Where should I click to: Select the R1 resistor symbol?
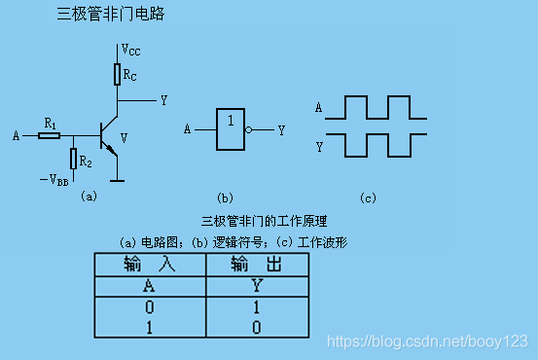click(x=50, y=134)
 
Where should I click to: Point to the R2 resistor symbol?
click(x=73, y=158)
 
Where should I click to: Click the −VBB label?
click(x=54, y=180)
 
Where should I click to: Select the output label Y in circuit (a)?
click(x=163, y=100)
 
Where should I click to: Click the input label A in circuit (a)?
click(x=15, y=135)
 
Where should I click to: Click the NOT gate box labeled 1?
click(x=231, y=127)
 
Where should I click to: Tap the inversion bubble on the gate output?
click(x=248, y=128)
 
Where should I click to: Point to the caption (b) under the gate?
click(x=225, y=198)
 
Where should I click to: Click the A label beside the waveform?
click(x=318, y=108)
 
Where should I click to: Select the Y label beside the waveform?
click(x=318, y=146)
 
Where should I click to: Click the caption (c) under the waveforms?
click(x=367, y=198)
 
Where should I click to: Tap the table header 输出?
click(x=257, y=264)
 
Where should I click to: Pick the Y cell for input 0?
click(x=257, y=306)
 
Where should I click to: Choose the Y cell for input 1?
click(x=257, y=327)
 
